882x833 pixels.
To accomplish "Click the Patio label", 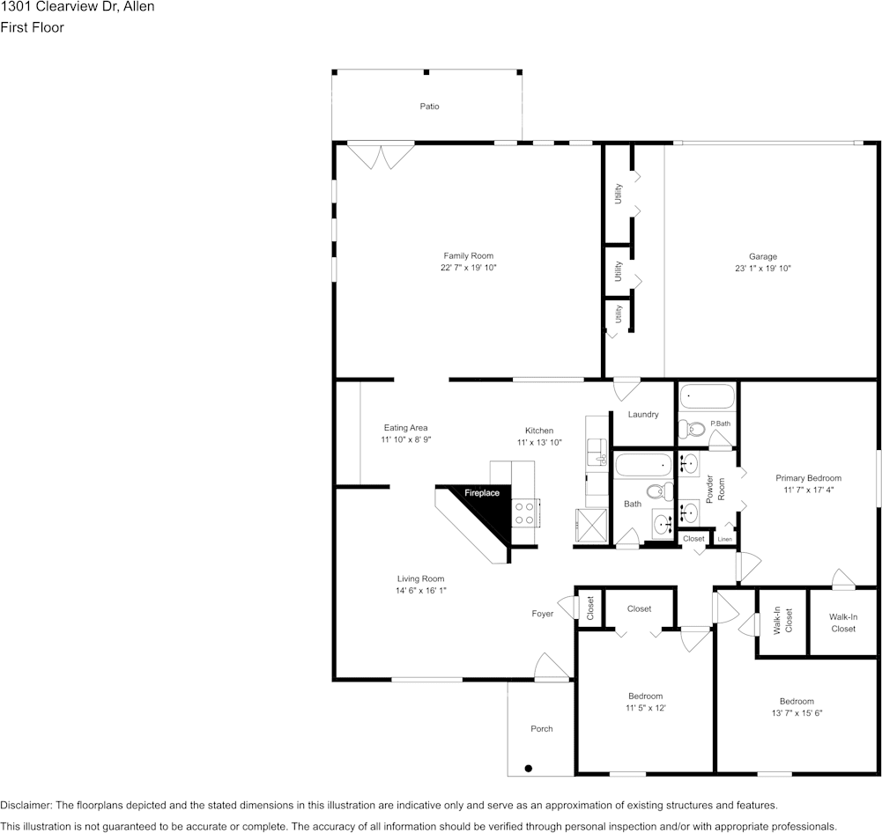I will (429, 107).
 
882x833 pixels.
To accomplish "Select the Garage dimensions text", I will (763, 268).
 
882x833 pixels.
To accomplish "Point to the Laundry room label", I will (643, 414).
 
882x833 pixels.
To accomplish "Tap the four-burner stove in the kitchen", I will (524, 512).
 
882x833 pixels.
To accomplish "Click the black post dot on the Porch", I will (529, 767).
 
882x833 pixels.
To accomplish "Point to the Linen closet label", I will (724, 539).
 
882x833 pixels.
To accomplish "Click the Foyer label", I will (543, 614).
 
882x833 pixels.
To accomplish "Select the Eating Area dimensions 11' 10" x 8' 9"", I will (405, 439).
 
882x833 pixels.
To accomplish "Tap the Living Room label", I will (420, 579).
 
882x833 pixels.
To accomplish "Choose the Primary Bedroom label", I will (808, 478).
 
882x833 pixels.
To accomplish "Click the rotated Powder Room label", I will (715, 489).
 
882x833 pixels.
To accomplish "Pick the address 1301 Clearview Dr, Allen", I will (78, 7).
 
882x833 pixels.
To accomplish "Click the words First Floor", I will (32, 27).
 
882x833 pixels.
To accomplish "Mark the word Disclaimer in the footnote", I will (26, 805).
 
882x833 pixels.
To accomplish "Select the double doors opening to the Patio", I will (381, 155).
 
